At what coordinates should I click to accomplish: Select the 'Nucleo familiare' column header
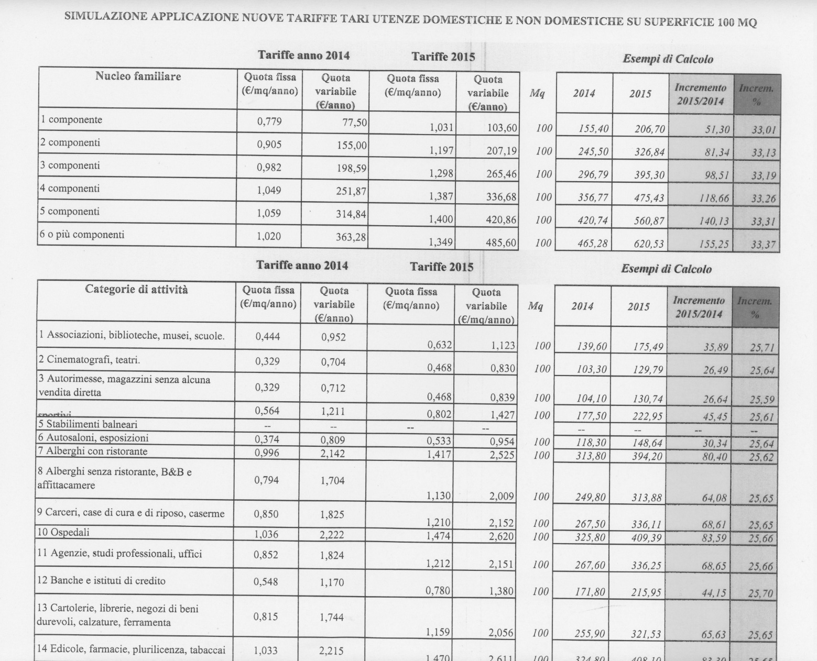[138, 76]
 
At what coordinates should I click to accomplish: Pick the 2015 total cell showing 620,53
[649, 244]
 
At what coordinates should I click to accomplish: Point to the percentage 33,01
[764, 129]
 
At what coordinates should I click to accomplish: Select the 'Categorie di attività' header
[136, 289]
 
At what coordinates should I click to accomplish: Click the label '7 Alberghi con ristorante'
[92, 451]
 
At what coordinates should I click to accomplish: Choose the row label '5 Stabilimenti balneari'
[88, 424]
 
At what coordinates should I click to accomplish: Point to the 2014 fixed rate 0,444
[267, 337]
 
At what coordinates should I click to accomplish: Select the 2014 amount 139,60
[591, 346]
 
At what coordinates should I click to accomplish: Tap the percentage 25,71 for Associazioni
[762, 347]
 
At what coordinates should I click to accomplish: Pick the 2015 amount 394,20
[647, 456]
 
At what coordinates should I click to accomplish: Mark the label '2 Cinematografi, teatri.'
[89, 360]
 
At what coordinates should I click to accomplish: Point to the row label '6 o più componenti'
[81, 235]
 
